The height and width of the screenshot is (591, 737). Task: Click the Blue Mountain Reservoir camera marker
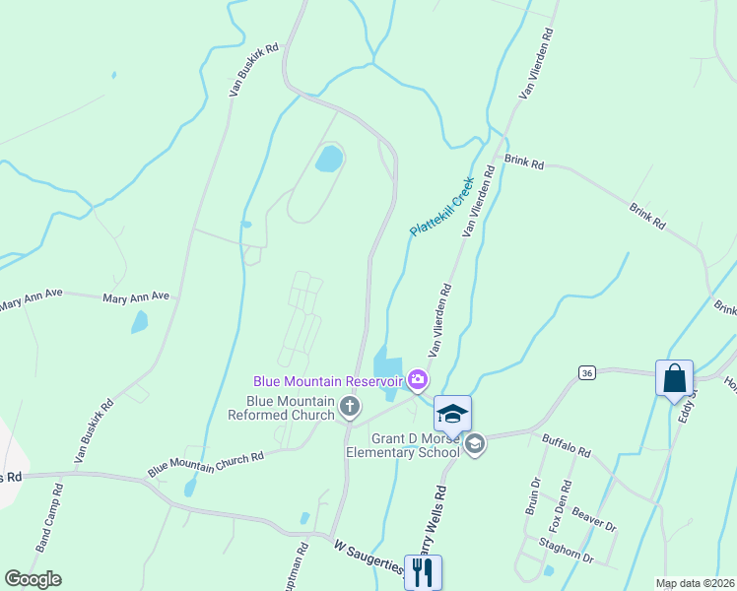point(418,379)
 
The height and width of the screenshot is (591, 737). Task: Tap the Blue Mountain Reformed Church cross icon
point(349,406)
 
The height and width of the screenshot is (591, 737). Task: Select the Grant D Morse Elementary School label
point(402,445)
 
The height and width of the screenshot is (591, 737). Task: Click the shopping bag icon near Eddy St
point(674,378)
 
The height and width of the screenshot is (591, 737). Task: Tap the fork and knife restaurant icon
point(423,572)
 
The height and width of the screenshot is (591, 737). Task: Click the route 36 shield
point(587,372)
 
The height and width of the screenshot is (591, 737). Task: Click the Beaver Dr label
point(594,520)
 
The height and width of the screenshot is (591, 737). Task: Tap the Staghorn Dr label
point(567,551)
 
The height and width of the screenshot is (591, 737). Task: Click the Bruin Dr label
point(534,496)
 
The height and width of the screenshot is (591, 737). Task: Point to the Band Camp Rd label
point(49,516)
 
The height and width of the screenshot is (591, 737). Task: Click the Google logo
point(33,579)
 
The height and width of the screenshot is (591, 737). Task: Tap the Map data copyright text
point(694,583)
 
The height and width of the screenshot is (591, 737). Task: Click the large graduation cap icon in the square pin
point(452,413)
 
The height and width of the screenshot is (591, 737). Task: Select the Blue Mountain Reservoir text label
point(328,380)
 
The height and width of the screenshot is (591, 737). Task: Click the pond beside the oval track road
point(329,158)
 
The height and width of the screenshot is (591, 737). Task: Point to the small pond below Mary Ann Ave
point(140,321)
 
